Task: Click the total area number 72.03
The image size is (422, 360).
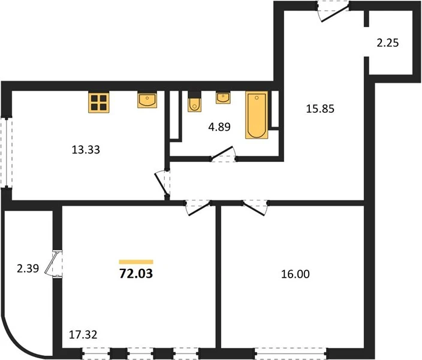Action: tap(136, 274)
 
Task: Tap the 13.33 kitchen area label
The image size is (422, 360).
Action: tap(86, 149)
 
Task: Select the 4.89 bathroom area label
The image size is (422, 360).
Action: tap(219, 127)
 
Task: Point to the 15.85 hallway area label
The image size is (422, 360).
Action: tap(320, 109)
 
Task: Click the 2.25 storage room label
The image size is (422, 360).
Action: tap(388, 43)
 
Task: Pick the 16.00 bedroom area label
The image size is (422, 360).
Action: tap(296, 274)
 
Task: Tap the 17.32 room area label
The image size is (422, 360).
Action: tap(83, 335)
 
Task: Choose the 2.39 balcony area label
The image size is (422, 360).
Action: tap(28, 268)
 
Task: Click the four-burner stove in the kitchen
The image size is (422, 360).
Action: tap(99, 102)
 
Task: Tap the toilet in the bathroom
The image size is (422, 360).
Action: tap(195, 101)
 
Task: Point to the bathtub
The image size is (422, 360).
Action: tap(257, 115)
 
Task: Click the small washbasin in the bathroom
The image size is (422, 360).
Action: tap(223, 98)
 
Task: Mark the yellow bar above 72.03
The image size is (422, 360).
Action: tap(136, 262)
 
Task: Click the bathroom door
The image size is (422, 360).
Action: tap(224, 155)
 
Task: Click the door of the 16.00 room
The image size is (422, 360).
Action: tap(255, 208)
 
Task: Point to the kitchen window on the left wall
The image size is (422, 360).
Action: tap(7, 152)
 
